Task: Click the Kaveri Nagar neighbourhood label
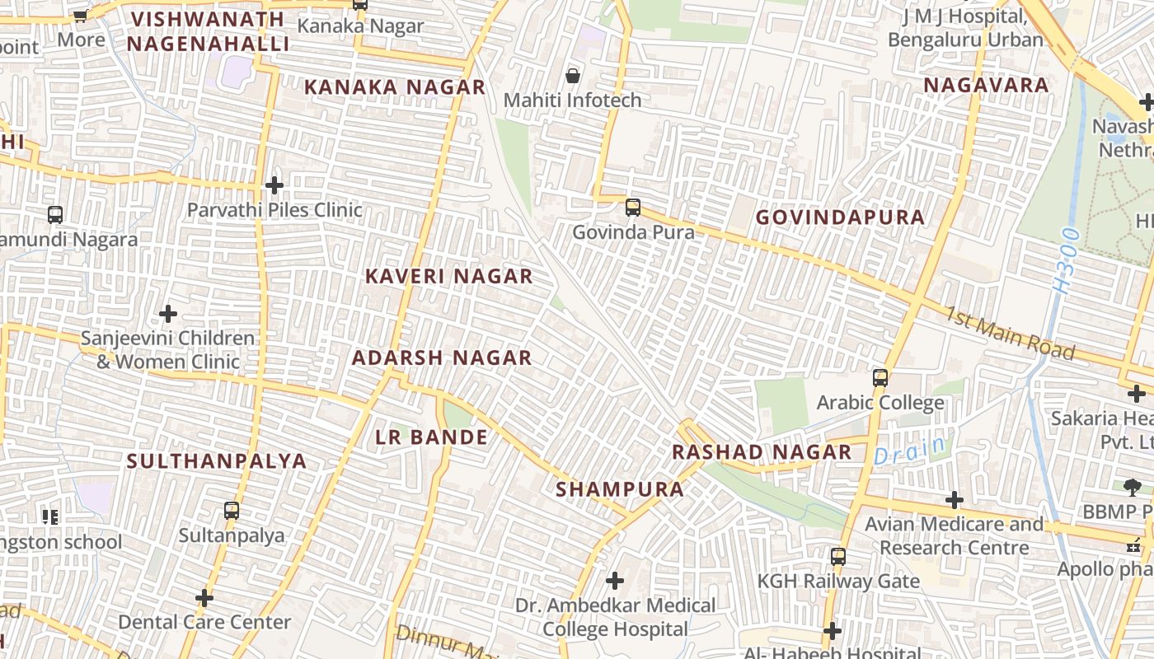click(449, 277)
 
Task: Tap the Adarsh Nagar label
click(442, 358)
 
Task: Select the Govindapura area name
click(840, 217)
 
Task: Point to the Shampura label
click(620, 489)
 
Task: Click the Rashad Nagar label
click(762, 452)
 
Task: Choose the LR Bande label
click(432, 437)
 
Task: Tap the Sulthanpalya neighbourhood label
click(217, 461)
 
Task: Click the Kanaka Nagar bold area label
click(395, 87)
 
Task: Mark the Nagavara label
click(986, 85)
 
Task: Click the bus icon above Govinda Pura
click(633, 208)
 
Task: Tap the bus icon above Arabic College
click(880, 378)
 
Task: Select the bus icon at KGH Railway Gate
click(838, 557)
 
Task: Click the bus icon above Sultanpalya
click(232, 511)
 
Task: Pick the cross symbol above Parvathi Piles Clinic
click(274, 185)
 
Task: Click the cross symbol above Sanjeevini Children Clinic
click(168, 314)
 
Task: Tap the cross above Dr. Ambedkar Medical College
click(615, 581)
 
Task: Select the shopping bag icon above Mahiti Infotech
click(572, 77)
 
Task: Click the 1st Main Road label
click(1010, 334)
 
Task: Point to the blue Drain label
click(909, 451)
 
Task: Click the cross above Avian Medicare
click(955, 500)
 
